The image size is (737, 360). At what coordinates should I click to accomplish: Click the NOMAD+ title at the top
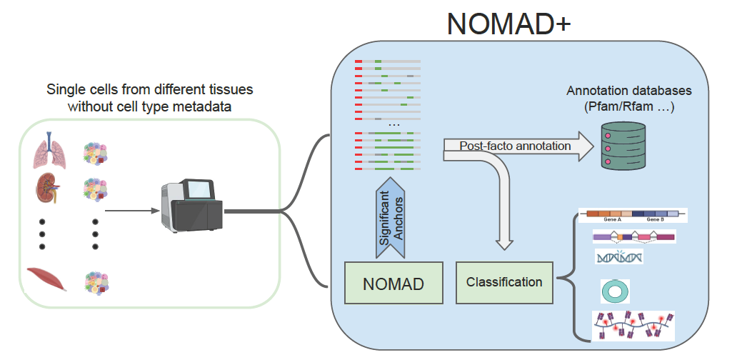click(508, 24)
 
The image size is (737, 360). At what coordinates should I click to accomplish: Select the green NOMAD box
click(393, 284)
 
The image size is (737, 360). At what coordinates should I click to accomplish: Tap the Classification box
click(503, 281)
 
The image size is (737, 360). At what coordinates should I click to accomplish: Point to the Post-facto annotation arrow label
click(515, 146)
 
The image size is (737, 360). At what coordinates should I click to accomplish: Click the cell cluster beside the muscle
click(96, 280)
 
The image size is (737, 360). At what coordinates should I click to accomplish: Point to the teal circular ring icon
click(613, 291)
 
